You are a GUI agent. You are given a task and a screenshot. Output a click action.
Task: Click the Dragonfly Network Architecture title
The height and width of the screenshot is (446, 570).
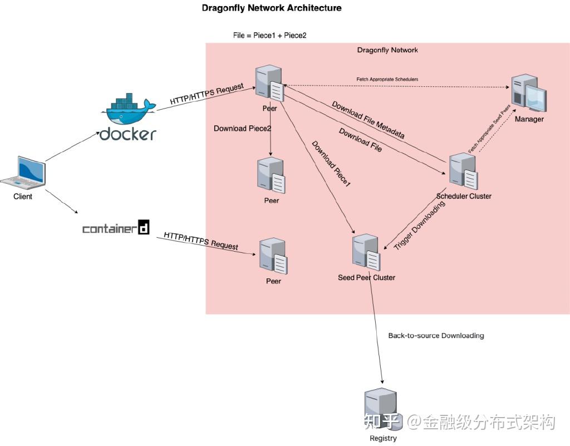pyautogui.click(x=272, y=8)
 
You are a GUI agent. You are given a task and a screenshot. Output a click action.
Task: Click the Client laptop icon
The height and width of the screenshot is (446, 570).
pyautogui.click(x=23, y=172)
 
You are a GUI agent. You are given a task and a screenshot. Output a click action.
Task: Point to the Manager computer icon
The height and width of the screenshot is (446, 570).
pyautogui.click(x=529, y=93)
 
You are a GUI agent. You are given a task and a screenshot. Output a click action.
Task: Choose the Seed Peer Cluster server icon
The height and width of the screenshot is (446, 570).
pyautogui.click(x=367, y=252)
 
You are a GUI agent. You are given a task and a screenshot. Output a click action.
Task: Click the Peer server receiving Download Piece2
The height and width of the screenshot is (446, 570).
pyautogui.click(x=271, y=175)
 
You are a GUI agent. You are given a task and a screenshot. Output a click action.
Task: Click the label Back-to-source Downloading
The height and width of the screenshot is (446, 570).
pyautogui.click(x=436, y=336)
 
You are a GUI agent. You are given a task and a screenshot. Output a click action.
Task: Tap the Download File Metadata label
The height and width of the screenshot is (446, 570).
pyautogui.click(x=368, y=120)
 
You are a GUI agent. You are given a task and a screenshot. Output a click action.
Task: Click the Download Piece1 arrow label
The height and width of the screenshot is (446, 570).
pyautogui.click(x=331, y=163)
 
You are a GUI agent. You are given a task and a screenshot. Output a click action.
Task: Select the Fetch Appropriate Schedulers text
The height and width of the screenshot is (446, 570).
pyautogui.click(x=387, y=80)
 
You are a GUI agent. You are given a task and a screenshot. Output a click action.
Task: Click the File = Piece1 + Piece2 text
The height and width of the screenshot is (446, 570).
pyautogui.click(x=269, y=35)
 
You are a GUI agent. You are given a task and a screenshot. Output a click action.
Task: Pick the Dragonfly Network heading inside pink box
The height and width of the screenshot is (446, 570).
pyautogui.click(x=387, y=50)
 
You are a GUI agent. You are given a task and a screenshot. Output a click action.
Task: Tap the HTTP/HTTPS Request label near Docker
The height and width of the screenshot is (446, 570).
pyautogui.click(x=207, y=95)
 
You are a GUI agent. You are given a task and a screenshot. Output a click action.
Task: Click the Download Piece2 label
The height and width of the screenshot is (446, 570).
pyautogui.click(x=242, y=129)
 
